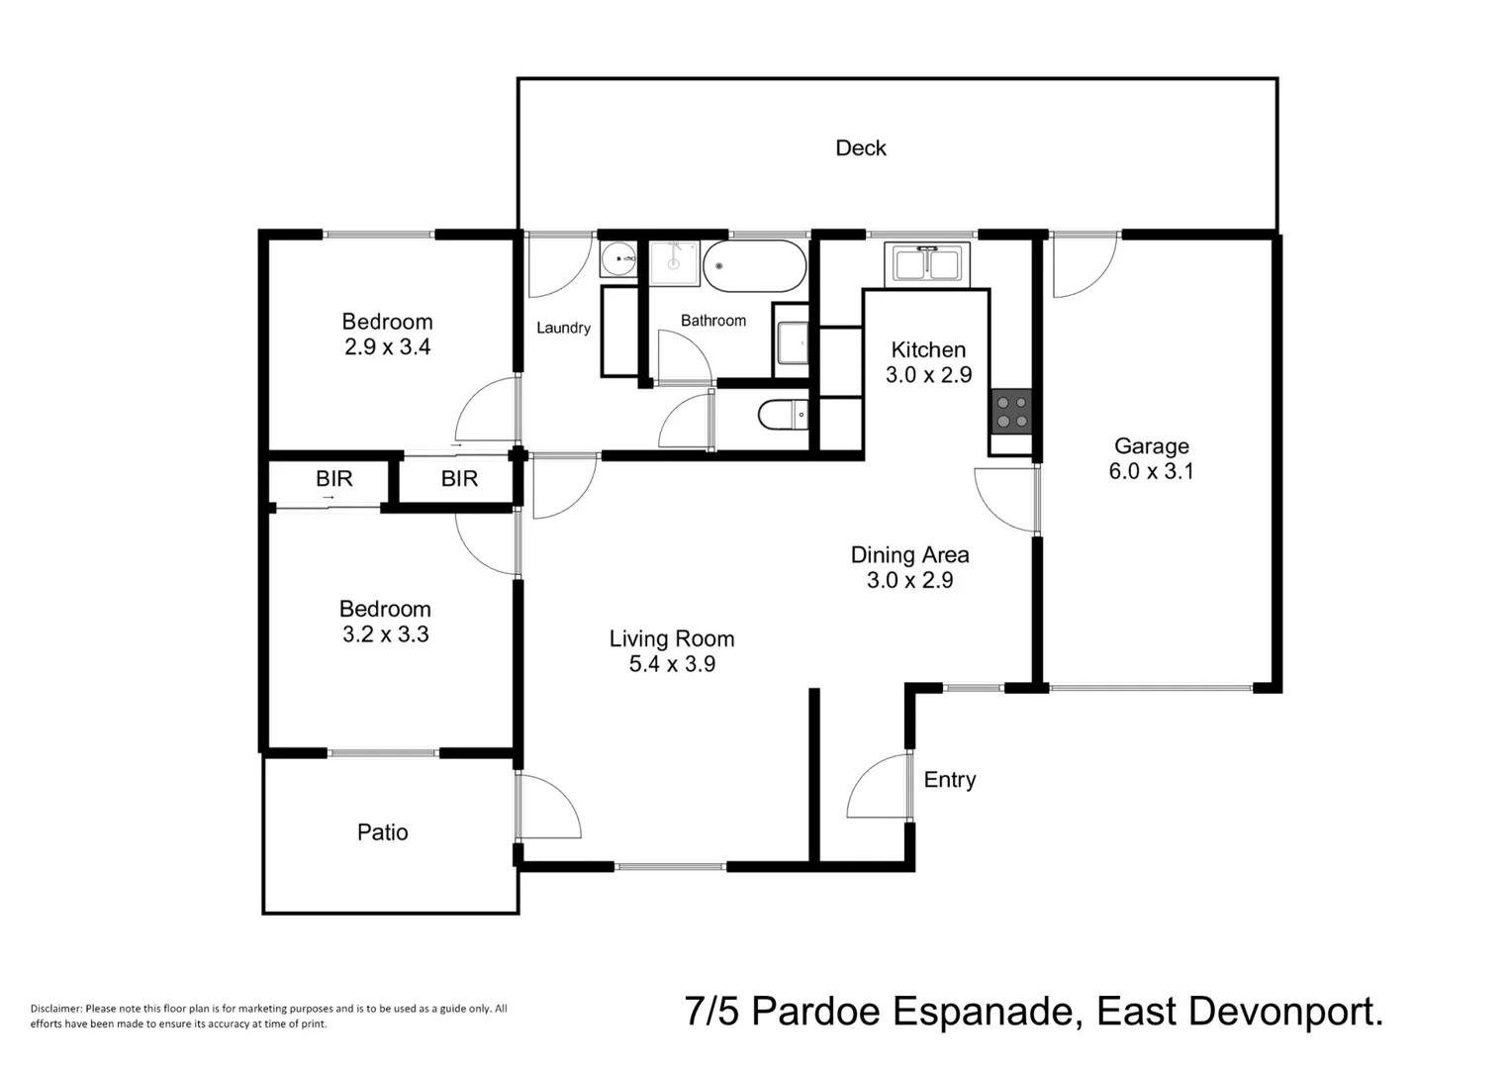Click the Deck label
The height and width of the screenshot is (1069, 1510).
(860, 148)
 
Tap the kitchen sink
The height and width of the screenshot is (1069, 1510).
(927, 264)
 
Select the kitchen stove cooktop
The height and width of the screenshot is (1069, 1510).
(1011, 412)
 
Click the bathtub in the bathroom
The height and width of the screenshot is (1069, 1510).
(755, 266)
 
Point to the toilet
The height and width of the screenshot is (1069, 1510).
(782, 415)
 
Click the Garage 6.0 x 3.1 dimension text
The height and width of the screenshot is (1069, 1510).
(1151, 471)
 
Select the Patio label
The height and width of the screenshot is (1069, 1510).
(382, 832)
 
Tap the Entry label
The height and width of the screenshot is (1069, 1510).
(949, 780)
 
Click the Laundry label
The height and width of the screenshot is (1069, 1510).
(563, 328)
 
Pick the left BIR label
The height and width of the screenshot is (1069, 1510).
(333, 479)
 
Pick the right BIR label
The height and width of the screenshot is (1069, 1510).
(459, 479)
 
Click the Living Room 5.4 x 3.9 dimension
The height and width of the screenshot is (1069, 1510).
(672, 664)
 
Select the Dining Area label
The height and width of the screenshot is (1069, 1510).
(909, 555)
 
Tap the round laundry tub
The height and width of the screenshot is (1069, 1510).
(619, 259)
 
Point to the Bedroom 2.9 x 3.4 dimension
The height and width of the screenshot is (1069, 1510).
(387, 347)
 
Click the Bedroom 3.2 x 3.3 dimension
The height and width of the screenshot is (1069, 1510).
(385, 634)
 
